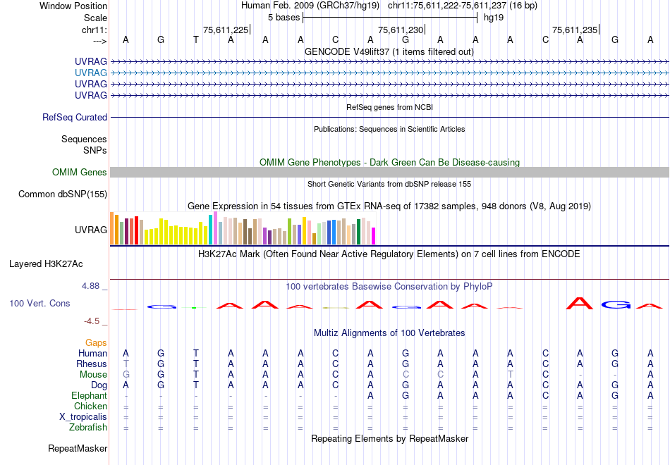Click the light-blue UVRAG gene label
point(91,73)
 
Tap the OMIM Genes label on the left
point(80,173)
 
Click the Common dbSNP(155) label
point(63,194)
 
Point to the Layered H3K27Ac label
point(46,264)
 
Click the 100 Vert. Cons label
point(39,303)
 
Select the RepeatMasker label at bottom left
point(78,448)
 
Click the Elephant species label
point(89,396)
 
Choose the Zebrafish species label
point(88,428)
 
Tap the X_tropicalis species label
point(83,417)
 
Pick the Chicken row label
point(90,407)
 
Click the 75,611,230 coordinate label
point(401,30)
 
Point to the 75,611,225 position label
point(226,30)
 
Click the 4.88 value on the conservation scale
point(92,286)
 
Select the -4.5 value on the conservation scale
point(92,321)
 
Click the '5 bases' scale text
point(284,17)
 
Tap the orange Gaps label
point(96,342)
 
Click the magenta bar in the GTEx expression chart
point(374,236)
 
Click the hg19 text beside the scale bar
point(494,17)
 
